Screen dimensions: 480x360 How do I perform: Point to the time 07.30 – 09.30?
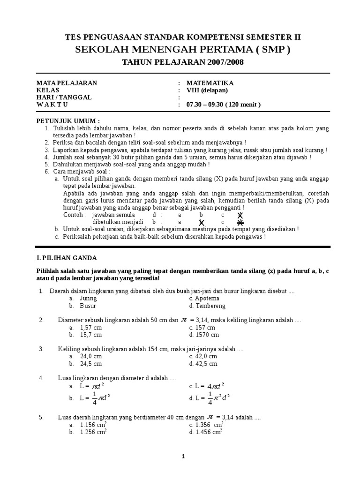click(x=204, y=105)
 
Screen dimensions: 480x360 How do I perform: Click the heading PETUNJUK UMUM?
click(x=68, y=120)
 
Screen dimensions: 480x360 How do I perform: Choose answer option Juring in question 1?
click(x=88, y=298)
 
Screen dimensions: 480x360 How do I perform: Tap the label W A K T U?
click(x=52, y=105)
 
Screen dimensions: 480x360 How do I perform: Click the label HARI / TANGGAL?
click(x=64, y=97)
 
